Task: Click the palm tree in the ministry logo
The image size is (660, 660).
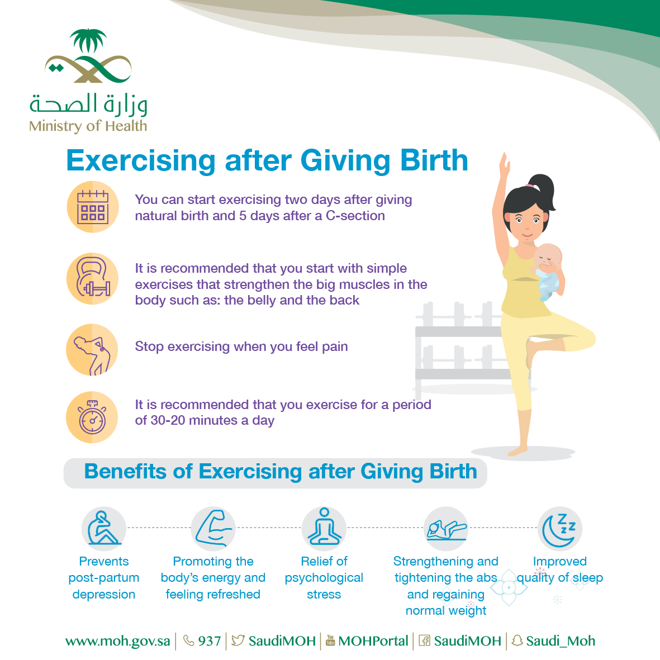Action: [88, 40]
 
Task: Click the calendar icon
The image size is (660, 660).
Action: [93, 207]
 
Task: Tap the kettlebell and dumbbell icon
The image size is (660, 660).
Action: [93, 277]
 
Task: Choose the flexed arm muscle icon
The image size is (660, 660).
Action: [213, 528]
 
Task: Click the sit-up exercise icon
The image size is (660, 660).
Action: [446, 530]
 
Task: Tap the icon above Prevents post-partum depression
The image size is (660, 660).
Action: [103, 528]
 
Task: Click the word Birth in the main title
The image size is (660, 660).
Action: [434, 160]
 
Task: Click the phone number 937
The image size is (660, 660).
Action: [210, 640]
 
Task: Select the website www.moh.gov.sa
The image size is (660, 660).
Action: [117, 641]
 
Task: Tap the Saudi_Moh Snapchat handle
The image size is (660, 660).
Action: [561, 641]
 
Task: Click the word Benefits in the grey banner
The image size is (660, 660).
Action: [125, 471]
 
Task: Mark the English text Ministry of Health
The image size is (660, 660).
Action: [88, 126]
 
